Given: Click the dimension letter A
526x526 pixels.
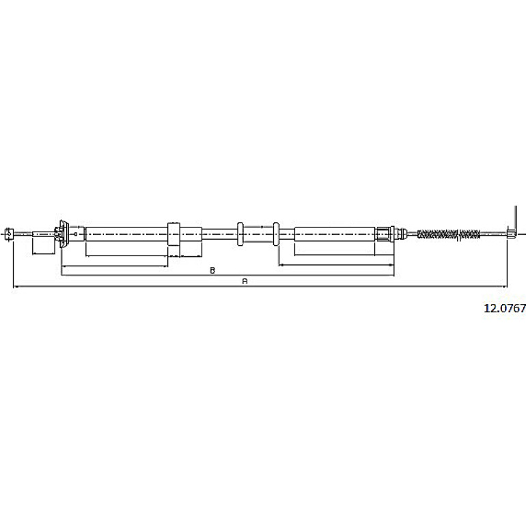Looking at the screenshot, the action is tap(245, 281).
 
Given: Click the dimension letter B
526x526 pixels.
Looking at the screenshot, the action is tap(212, 271).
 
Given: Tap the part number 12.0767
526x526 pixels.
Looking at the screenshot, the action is tap(505, 308).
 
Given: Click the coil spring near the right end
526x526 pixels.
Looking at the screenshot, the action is tap(449, 234).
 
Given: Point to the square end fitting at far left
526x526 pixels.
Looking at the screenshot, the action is tap(10, 233).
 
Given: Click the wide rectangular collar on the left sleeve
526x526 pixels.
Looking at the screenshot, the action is tap(174, 234).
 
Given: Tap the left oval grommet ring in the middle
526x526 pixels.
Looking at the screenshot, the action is tap(240, 234).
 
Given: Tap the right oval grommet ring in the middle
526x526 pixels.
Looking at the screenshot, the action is tap(276, 234).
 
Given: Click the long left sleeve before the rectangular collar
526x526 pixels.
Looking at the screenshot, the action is tap(126, 234).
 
